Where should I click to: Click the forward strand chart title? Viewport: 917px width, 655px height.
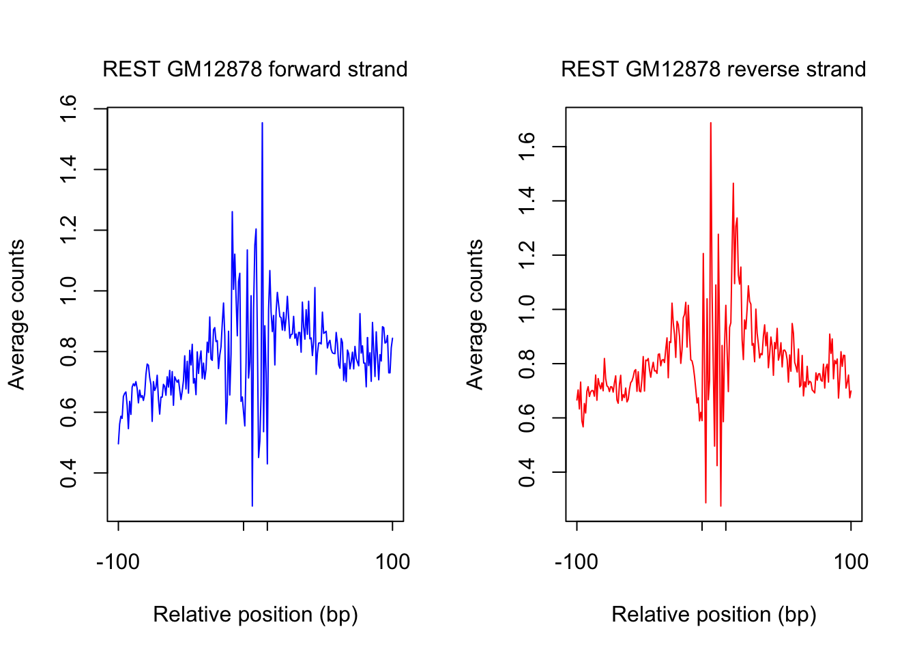[254, 70]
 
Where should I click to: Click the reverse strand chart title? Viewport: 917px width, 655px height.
[713, 70]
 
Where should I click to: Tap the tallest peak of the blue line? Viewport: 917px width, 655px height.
[262, 123]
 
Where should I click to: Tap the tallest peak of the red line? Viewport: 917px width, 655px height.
[710, 123]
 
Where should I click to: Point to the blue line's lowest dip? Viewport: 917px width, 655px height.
[252, 505]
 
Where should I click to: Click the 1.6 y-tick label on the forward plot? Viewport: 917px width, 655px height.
[68, 108]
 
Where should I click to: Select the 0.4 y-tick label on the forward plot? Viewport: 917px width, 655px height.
[68, 474]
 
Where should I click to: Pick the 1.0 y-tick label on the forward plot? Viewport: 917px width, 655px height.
[68, 291]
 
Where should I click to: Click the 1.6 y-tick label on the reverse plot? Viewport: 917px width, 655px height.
[527, 147]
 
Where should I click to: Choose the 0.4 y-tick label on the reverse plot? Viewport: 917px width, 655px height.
[527, 472]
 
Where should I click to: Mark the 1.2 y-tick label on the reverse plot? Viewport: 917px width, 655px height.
[527, 255]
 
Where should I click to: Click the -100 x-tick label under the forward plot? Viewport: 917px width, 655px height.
[118, 562]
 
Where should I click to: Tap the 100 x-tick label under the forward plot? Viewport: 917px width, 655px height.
[392, 562]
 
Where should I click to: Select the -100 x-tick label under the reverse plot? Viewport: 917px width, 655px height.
[577, 562]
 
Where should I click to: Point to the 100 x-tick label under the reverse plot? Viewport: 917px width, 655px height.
[851, 562]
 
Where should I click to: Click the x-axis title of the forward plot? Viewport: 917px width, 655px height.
[255, 615]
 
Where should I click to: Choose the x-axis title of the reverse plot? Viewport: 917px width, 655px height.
[714, 615]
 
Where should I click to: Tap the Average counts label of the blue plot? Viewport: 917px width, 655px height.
[16, 315]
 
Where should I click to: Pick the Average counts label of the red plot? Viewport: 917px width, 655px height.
[475, 315]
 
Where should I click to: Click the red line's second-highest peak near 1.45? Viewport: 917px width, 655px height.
[733, 184]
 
